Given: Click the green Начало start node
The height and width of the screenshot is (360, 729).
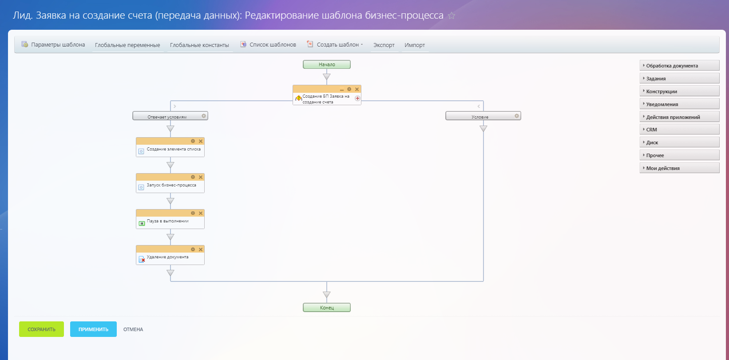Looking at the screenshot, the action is [326, 64].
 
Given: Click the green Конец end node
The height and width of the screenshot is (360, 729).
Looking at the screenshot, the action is [326, 308].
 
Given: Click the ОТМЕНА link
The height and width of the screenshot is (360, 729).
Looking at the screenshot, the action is [133, 329].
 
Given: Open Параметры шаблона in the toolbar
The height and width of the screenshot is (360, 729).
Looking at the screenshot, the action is [53, 44].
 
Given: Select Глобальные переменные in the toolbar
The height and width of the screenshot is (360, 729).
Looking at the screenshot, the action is [127, 45].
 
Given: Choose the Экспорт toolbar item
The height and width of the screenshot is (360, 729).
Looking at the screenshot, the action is [384, 45].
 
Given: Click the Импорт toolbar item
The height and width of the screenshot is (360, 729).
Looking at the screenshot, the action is [415, 45].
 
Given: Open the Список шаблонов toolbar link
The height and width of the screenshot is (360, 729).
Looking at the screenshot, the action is [268, 44].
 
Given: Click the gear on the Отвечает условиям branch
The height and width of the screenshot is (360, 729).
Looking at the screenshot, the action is [204, 116].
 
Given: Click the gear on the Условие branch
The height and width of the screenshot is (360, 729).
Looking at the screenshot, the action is [516, 116].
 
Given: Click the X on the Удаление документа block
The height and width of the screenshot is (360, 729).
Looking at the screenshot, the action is [201, 249].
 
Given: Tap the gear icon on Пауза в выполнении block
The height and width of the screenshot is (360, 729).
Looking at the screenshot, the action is [193, 213].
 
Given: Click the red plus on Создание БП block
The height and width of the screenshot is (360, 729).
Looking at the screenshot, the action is [357, 98].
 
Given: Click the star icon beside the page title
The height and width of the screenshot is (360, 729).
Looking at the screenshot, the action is [452, 16].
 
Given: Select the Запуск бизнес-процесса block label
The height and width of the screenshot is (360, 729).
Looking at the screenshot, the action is [171, 185].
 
